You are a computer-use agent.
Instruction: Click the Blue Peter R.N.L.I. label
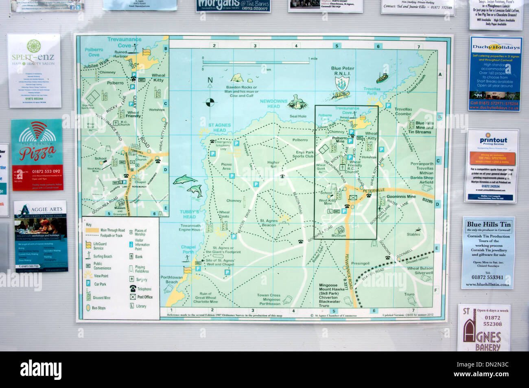(343, 71)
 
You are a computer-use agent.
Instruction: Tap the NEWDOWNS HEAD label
(273, 104)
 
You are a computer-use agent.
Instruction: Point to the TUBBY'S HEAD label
(189, 214)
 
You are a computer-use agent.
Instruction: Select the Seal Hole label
(298, 116)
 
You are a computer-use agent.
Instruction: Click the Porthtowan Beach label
(172, 280)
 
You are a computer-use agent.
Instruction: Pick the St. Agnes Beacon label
(269, 223)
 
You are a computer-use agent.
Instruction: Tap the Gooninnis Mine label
(401, 197)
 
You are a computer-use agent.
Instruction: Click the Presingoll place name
(360, 263)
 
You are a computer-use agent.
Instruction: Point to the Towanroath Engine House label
(191, 228)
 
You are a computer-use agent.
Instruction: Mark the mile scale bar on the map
(256, 62)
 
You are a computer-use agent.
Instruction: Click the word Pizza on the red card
(37, 154)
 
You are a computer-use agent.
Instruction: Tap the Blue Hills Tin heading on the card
(488, 224)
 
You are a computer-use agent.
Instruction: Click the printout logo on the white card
(493, 141)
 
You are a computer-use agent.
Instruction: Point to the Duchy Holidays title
(496, 47)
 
